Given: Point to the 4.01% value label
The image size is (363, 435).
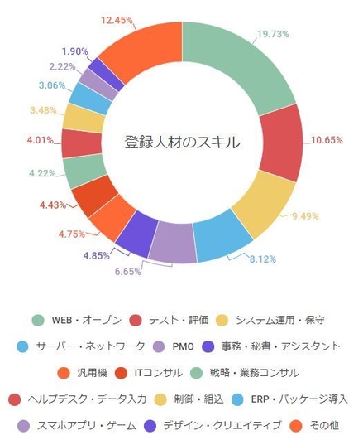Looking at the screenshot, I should (x=40, y=139).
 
